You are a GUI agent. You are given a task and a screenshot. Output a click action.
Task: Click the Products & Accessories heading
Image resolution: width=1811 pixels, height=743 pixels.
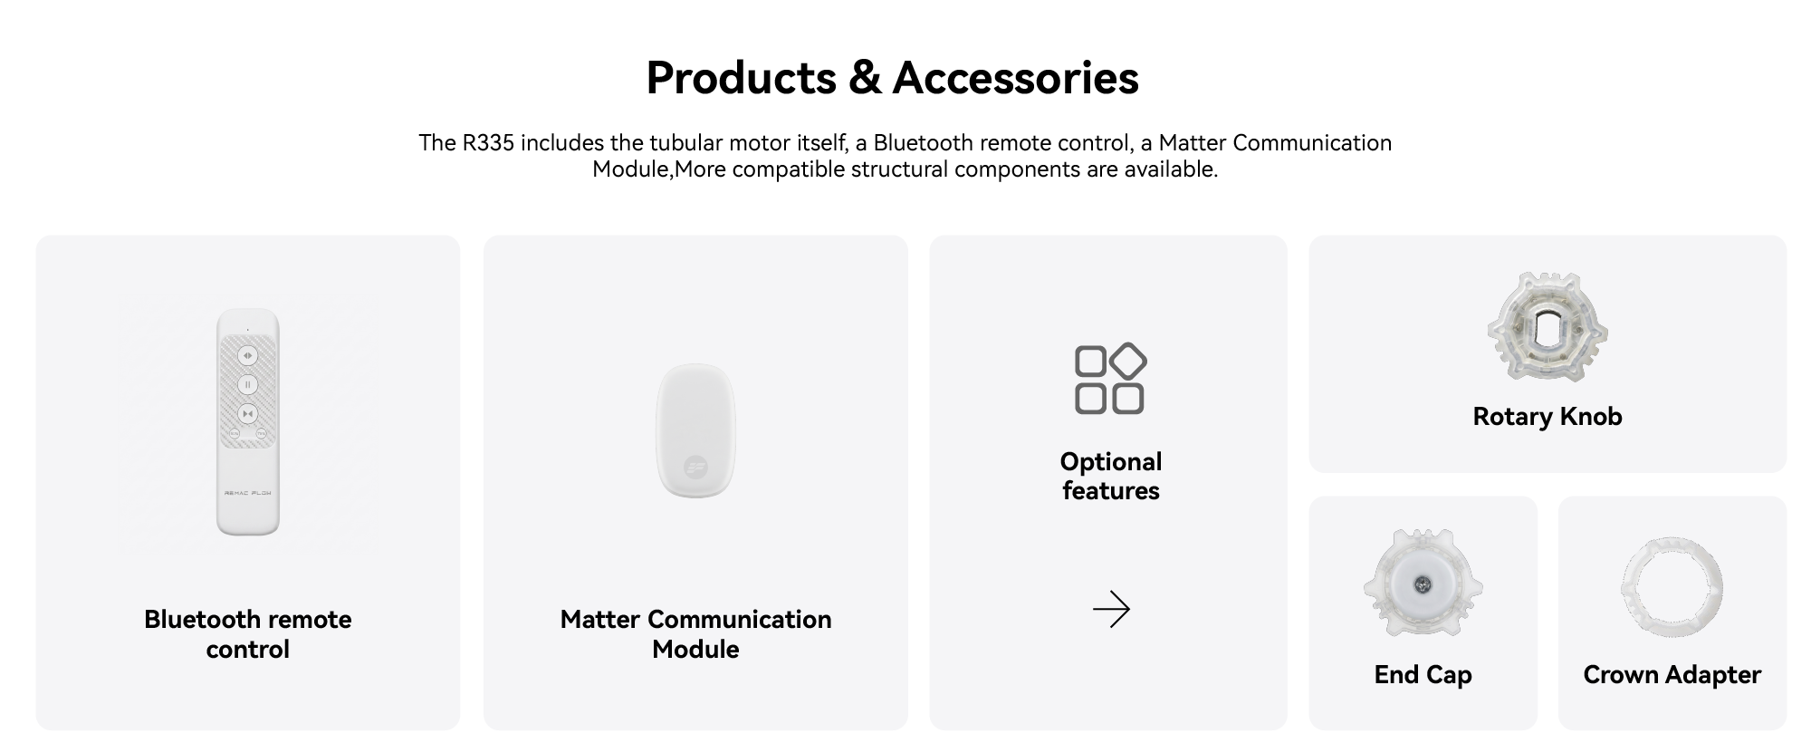892,77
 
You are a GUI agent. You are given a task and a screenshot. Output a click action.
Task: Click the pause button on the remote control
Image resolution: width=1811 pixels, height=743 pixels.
247,384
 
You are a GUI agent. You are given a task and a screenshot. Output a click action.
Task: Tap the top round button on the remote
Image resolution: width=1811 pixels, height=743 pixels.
247,355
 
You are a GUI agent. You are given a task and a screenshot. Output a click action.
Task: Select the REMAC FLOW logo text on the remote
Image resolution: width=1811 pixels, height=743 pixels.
247,493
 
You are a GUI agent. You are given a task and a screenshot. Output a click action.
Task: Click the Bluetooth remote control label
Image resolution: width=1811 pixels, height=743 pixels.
247,633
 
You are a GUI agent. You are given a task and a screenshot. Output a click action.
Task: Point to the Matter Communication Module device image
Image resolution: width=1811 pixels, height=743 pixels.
695,430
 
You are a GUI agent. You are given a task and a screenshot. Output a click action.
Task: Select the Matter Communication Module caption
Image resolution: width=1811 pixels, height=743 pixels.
695,633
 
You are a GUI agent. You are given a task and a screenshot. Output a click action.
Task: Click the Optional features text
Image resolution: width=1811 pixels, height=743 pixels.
1111,476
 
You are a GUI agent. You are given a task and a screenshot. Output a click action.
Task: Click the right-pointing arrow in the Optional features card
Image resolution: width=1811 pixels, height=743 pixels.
1111,609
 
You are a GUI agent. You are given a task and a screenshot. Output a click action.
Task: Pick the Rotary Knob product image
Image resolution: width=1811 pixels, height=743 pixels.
1547,327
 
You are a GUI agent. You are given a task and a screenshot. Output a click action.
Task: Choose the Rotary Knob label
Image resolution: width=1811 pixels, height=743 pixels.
1547,416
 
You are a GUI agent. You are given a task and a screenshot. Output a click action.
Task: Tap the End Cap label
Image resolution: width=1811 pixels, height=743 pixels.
1423,674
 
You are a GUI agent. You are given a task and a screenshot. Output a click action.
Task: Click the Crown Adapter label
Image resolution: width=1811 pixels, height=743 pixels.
1672,674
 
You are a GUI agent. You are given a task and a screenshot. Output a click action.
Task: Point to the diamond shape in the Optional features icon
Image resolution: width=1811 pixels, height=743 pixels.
1127,362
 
